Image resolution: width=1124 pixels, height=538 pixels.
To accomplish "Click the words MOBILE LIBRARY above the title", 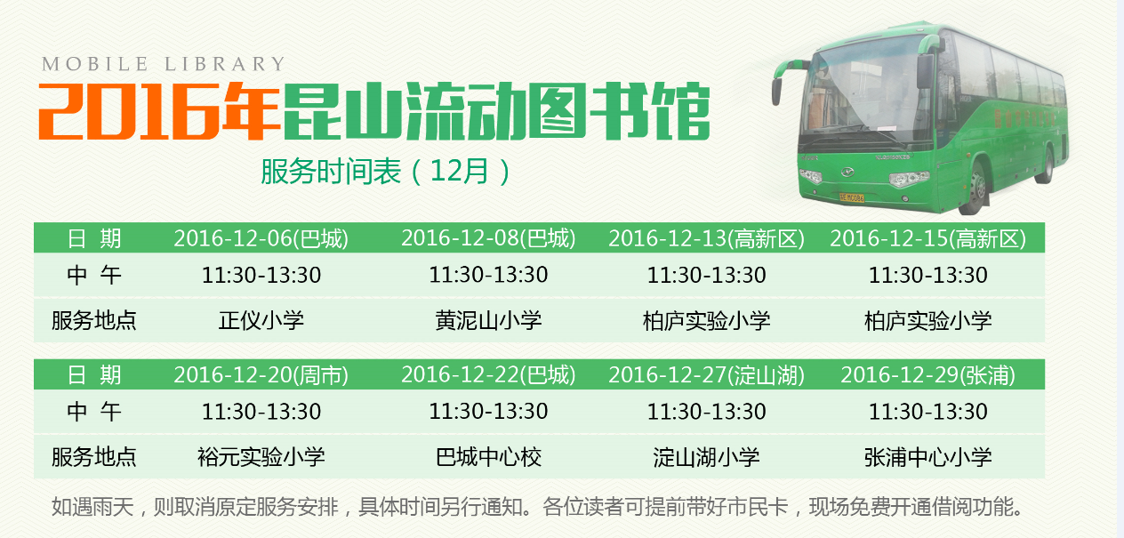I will pos(164,64).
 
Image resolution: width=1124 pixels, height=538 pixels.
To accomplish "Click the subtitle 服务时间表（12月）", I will pos(386,170).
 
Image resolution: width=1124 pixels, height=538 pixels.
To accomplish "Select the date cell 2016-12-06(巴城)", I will pos(261,238).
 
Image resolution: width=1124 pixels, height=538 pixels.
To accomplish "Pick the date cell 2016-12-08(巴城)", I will pos(488,238).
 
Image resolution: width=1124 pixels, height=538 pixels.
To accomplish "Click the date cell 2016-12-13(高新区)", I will pos(706,238).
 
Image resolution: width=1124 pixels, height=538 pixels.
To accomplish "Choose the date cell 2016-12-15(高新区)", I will pos(927,238).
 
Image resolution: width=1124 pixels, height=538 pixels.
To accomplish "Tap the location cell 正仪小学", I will pos(261,320).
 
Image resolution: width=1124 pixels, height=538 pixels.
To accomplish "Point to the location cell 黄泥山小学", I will pos(488,320).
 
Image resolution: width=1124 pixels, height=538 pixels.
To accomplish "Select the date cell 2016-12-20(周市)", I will pos(261,375).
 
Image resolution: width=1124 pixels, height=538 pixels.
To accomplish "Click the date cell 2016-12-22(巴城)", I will pos(488,375).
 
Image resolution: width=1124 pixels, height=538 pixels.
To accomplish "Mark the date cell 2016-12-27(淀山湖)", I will pos(706,375).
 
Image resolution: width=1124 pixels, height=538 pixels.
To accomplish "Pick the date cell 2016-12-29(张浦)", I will pos(927,375).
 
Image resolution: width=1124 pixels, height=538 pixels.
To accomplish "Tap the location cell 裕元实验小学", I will pos(261,457).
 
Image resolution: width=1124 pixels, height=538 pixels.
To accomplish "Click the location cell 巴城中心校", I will pos(488,457).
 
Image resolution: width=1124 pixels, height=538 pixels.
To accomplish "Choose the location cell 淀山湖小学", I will pos(706,457).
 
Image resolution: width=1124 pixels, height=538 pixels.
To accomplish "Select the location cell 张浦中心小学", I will pos(927,457).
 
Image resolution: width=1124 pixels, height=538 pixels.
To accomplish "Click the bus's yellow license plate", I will pos(851,197).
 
